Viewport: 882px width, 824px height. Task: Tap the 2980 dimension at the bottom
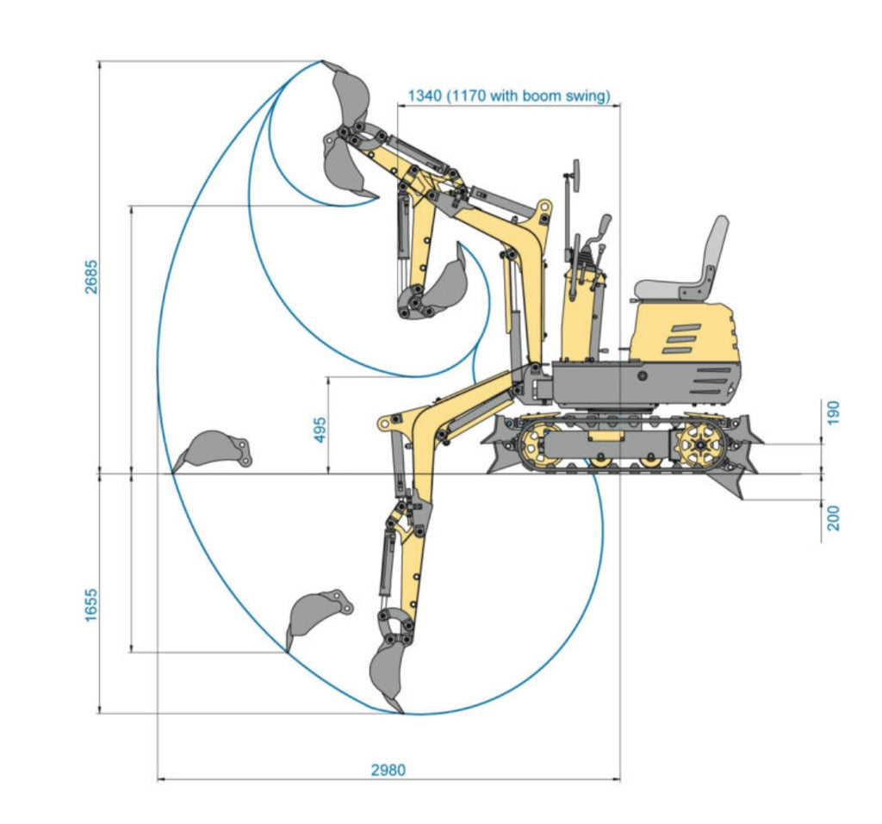tap(388, 770)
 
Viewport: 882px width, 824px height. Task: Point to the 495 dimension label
tap(320, 425)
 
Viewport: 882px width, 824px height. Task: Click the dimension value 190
tap(833, 414)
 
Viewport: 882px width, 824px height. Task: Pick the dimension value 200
tap(833, 517)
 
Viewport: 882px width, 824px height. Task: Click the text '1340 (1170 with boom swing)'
tap(508, 96)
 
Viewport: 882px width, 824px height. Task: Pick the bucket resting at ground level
tap(211, 449)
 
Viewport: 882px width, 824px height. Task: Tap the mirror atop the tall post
tap(573, 172)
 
